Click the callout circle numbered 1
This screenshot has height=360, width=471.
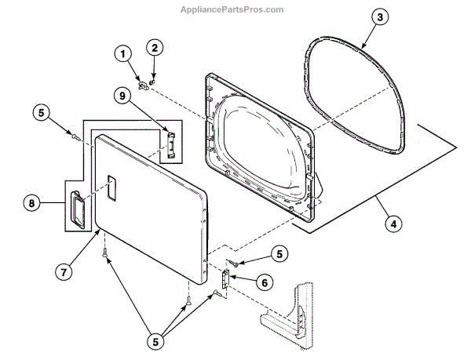click(123, 54)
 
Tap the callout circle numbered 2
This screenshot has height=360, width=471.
click(155, 48)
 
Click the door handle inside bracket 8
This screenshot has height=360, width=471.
click(78, 209)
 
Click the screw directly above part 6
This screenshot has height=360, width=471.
click(234, 264)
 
